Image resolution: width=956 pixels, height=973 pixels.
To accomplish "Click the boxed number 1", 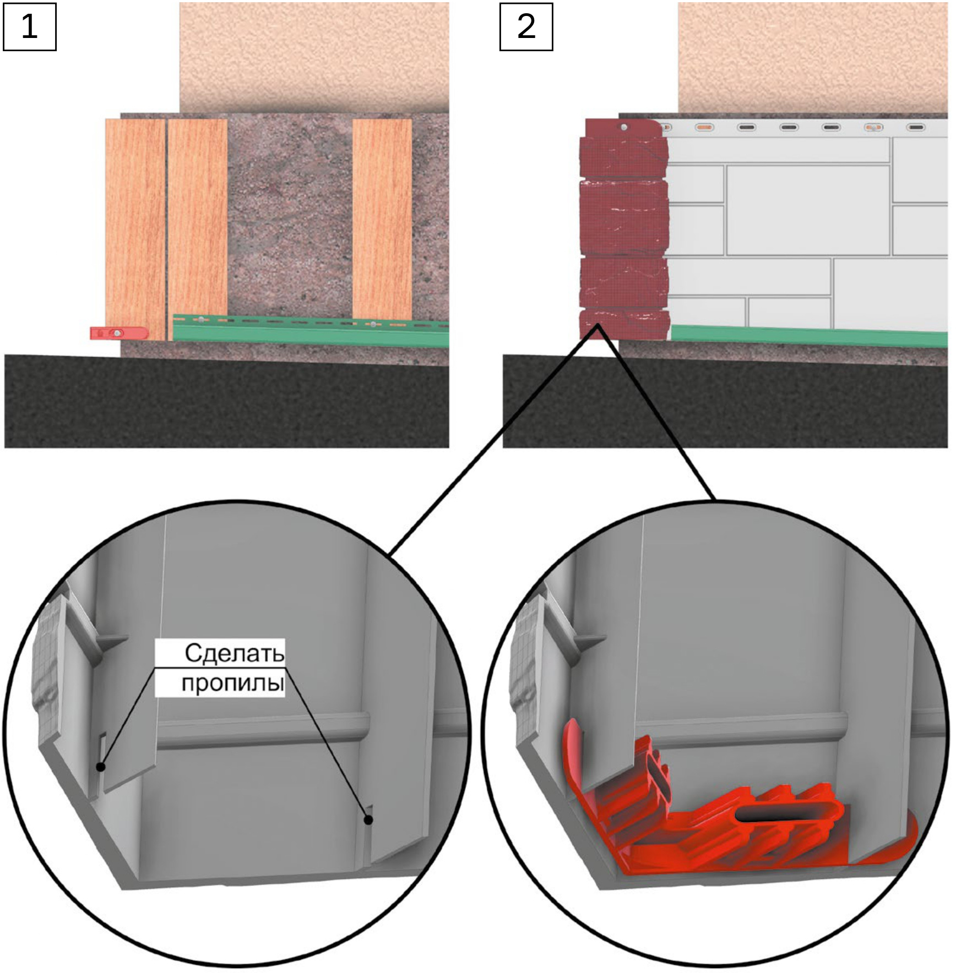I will click(x=30, y=26).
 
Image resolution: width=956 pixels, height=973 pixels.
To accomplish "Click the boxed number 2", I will click(x=526, y=26).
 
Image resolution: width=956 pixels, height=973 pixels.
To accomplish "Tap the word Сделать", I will click(x=234, y=653).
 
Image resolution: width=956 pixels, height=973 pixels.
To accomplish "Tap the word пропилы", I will click(x=233, y=683).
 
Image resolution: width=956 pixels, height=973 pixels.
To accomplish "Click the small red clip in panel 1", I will click(x=119, y=333).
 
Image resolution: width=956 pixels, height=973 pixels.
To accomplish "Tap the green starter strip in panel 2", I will click(x=810, y=336).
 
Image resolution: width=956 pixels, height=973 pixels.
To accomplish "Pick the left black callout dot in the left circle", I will click(x=100, y=767).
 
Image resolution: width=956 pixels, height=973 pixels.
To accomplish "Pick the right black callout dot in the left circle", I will click(x=368, y=820).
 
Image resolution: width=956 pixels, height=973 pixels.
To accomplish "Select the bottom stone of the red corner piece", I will click(x=624, y=325).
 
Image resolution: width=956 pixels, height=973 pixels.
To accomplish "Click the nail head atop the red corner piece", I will click(x=624, y=128).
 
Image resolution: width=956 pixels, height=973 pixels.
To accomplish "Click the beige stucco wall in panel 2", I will click(x=812, y=55).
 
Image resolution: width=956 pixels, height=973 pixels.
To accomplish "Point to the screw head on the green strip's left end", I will click(x=202, y=320).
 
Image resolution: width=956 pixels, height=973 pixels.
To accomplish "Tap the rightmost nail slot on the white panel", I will click(x=916, y=128).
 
